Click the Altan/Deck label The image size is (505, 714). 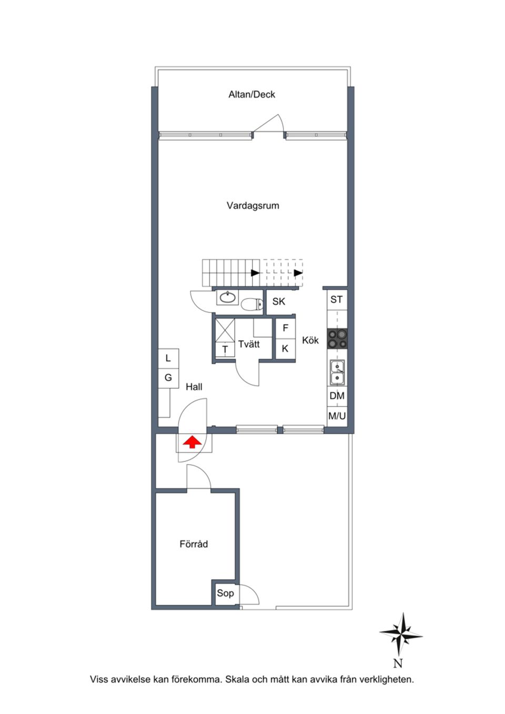coord(251,95)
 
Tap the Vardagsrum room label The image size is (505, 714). coord(252,206)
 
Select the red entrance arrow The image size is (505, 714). coord(193,443)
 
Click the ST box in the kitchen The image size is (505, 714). coord(337,300)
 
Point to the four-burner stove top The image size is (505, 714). coord(337,339)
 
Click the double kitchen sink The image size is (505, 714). coord(337,372)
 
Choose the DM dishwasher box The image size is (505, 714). coord(337,396)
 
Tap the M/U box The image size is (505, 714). coord(337,416)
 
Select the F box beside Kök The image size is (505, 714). coord(286,328)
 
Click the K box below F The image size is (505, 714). coord(285,349)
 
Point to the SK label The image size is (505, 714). coord(279,301)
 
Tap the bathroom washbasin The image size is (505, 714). coord(228,297)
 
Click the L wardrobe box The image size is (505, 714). coord(168,358)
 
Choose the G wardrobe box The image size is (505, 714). coord(168,378)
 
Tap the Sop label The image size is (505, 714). coord(225,594)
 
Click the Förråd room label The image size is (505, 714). coord(194,544)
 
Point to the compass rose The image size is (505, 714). coord(401,634)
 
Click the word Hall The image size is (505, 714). coord(194,387)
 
